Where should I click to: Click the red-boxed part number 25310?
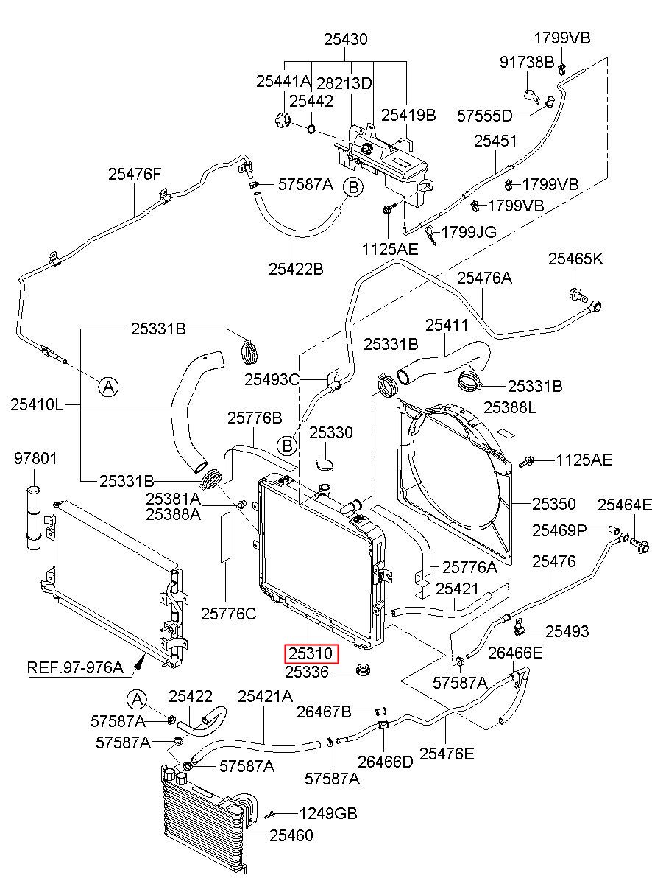(x=311, y=653)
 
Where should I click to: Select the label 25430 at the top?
(x=345, y=40)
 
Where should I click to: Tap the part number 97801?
(x=35, y=458)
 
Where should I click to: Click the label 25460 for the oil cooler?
(x=291, y=835)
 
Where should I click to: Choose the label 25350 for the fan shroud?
(x=553, y=504)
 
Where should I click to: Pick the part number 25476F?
(x=135, y=174)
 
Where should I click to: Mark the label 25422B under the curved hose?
(x=296, y=269)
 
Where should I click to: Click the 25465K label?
(x=575, y=259)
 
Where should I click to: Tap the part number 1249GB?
(x=328, y=813)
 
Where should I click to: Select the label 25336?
(x=307, y=672)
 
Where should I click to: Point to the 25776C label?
(x=228, y=614)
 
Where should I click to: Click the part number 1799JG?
(x=469, y=232)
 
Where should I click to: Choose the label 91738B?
(x=527, y=62)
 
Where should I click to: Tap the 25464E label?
(x=625, y=505)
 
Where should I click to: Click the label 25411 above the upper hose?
(x=447, y=326)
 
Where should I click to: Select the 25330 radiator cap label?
(x=331, y=432)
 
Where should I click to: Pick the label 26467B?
(x=325, y=712)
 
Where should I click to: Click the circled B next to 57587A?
(x=353, y=187)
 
